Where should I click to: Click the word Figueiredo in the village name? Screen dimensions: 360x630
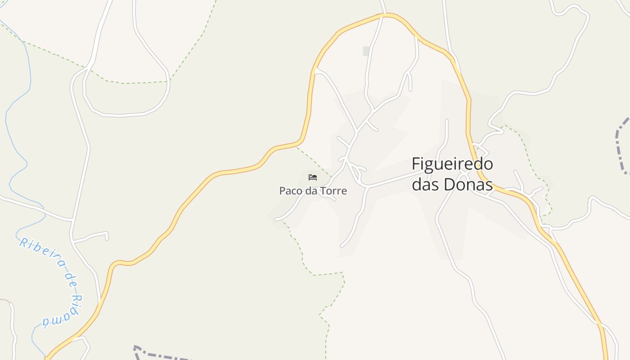pyautogui.click(x=452, y=164)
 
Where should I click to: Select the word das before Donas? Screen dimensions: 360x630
pyautogui.click(x=427, y=184)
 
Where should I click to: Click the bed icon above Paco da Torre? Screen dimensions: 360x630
pyautogui.click(x=313, y=177)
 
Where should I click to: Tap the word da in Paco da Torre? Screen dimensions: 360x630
pyautogui.click(x=312, y=191)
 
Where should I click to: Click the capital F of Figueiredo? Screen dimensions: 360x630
pyautogui.click(x=416, y=164)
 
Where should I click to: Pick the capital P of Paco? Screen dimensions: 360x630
pyautogui.click(x=282, y=191)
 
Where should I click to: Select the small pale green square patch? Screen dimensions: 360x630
pyautogui.click(x=367, y=51)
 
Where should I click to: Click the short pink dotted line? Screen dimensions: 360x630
pyautogui.click(x=4, y=300)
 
